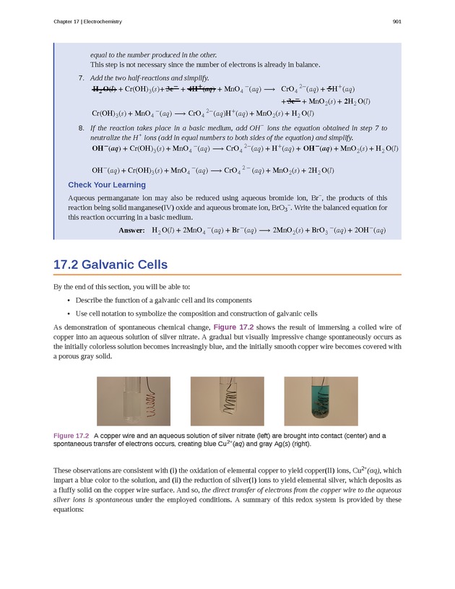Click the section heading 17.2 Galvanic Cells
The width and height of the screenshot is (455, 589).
pyautogui.click(x=110, y=265)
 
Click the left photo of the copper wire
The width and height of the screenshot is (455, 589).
pyautogui.click(x=134, y=401)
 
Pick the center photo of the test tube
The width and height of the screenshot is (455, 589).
pyautogui.click(x=227, y=401)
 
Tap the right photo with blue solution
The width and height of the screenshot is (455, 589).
pyautogui.click(x=321, y=401)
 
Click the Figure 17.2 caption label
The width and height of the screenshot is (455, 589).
pyautogui.click(x=71, y=436)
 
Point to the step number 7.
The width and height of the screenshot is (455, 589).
pyautogui.click(x=80, y=78)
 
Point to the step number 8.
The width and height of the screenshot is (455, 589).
pyautogui.click(x=80, y=128)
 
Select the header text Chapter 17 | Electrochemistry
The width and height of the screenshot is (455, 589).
pyautogui.click(x=87, y=22)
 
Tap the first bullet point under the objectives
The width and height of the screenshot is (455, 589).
pyautogui.click(x=68, y=300)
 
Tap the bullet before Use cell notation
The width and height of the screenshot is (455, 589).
pyautogui.click(x=68, y=314)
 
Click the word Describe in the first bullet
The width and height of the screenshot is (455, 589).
pyautogui.click(x=90, y=300)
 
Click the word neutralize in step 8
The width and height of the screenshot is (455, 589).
pyautogui.click(x=107, y=137)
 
